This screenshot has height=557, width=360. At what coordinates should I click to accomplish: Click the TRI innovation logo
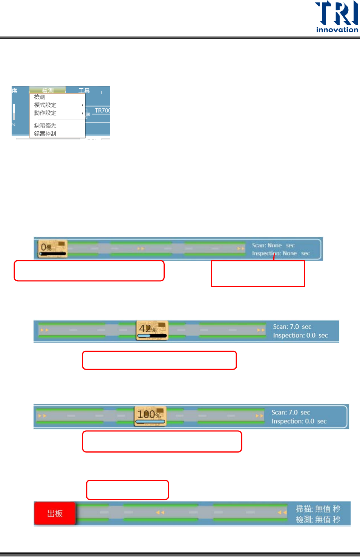coord(337,17)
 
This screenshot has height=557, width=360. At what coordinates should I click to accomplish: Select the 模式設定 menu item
coord(45,105)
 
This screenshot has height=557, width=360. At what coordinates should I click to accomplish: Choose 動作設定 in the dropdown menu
coord(45,113)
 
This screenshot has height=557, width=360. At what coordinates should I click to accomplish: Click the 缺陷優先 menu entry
coord(45,126)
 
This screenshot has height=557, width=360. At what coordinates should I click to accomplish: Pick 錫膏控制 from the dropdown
coord(45,133)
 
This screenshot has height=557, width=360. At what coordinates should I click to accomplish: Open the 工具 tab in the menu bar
coord(84,91)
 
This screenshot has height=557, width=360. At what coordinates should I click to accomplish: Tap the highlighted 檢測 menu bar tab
coord(47,91)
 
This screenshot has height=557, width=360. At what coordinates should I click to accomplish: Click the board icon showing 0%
coord(52,249)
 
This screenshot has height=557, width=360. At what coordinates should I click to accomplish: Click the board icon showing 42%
coord(152,330)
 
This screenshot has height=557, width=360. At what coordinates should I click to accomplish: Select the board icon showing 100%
coord(150,416)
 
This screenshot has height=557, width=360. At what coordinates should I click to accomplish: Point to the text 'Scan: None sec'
coord(273,246)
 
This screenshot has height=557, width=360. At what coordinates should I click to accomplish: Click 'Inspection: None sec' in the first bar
coord(281,253)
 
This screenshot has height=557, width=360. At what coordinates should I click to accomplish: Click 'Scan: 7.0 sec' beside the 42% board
coord(292,327)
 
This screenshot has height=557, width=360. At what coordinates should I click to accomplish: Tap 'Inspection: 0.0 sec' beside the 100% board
coord(299,421)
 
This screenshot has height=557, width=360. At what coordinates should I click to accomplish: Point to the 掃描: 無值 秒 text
coord(318,509)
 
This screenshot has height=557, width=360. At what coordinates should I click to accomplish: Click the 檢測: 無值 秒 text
coord(318,520)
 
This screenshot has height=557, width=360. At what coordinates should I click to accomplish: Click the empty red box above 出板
coord(127,490)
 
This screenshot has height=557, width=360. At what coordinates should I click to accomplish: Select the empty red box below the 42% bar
coord(159,360)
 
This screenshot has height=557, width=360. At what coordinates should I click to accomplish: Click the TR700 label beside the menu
coord(102,110)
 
